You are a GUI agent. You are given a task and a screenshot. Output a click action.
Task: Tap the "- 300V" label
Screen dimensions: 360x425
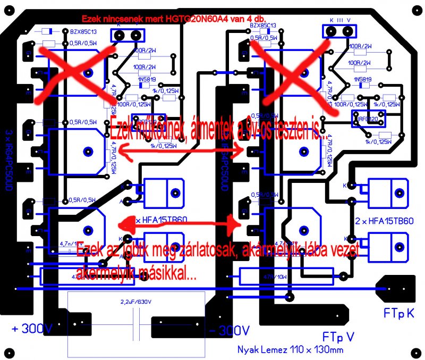[229, 330]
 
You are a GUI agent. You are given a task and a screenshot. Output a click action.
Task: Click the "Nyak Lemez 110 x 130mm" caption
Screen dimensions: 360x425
[290, 349]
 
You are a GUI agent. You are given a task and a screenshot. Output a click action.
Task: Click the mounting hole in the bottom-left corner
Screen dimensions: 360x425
[10, 351]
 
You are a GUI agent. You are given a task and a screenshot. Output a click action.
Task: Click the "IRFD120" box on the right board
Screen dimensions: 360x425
[368, 120]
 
